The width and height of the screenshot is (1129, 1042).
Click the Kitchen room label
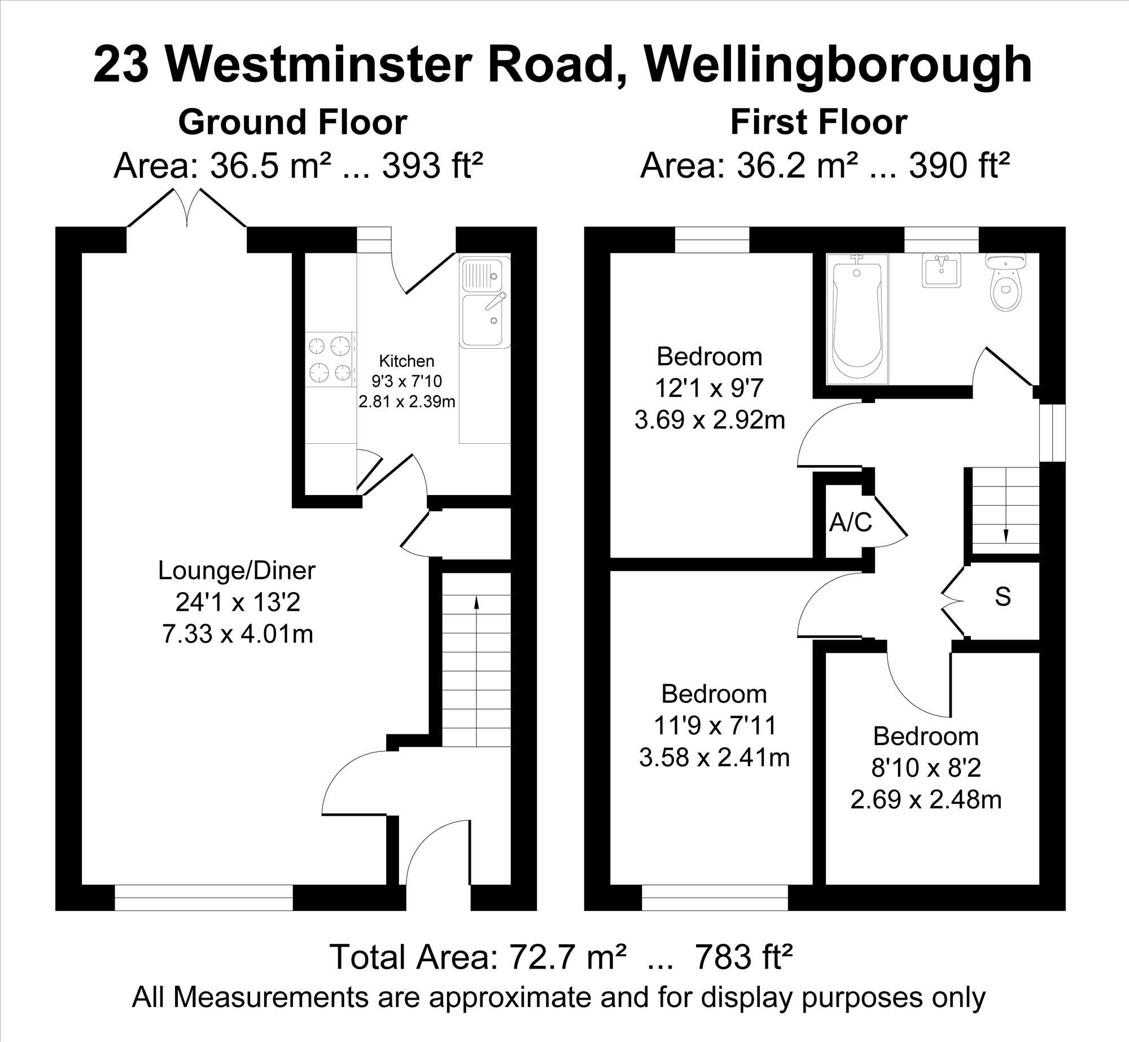tap(406, 361)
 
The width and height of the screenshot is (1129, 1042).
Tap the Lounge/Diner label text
tap(237, 571)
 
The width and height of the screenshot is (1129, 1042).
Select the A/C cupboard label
tap(851, 523)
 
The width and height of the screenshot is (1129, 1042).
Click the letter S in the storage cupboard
tap(1003, 597)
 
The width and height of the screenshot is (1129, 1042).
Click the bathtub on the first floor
tap(857, 319)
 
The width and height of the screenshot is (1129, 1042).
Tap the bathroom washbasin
tap(942, 270)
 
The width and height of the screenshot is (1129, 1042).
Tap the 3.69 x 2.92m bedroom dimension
tap(710, 421)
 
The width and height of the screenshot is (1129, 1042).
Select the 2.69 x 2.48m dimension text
tap(926, 800)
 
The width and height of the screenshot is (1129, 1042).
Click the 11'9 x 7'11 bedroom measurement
tap(715, 725)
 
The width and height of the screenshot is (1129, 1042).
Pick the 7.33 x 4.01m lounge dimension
tap(238, 634)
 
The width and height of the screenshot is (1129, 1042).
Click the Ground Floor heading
tap(292, 122)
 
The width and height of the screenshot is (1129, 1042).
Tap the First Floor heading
tap(819, 122)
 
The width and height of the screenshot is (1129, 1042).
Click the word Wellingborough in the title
tap(838, 66)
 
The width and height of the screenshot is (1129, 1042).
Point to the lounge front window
tap(204, 897)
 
